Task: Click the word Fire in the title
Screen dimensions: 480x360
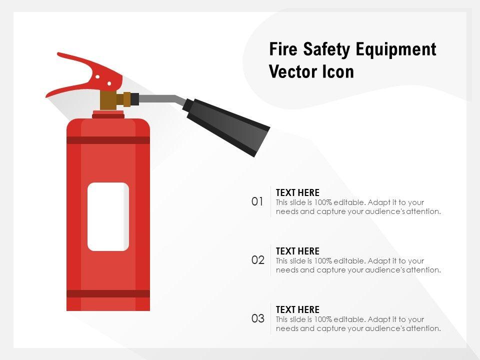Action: (283, 49)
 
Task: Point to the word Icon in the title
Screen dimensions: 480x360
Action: (338, 71)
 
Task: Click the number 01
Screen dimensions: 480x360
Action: (257, 201)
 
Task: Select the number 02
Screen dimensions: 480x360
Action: (258, 260)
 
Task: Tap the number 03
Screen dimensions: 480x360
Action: (258, 318)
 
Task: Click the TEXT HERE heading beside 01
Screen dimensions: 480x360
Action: (297, 192)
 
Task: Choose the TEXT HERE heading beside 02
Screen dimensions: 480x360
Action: (297, 251)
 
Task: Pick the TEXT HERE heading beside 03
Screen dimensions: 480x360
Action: (297, 309)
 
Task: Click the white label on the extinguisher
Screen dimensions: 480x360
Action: (108, 216)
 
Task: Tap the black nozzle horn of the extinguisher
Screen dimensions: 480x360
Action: (226, 126)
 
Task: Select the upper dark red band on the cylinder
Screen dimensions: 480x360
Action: (108, 140)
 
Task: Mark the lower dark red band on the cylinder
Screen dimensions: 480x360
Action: (108, 293)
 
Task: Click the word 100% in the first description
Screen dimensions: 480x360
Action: (323, 202)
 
